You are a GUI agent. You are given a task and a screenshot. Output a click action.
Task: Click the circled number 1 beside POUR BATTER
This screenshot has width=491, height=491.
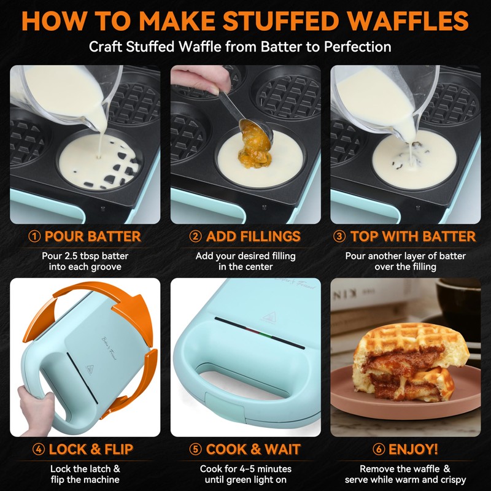[36, 237]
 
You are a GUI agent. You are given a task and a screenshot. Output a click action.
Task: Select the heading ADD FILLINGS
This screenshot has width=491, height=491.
[253, 237]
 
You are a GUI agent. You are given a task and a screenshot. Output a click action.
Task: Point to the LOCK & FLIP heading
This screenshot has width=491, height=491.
[91, 449]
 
